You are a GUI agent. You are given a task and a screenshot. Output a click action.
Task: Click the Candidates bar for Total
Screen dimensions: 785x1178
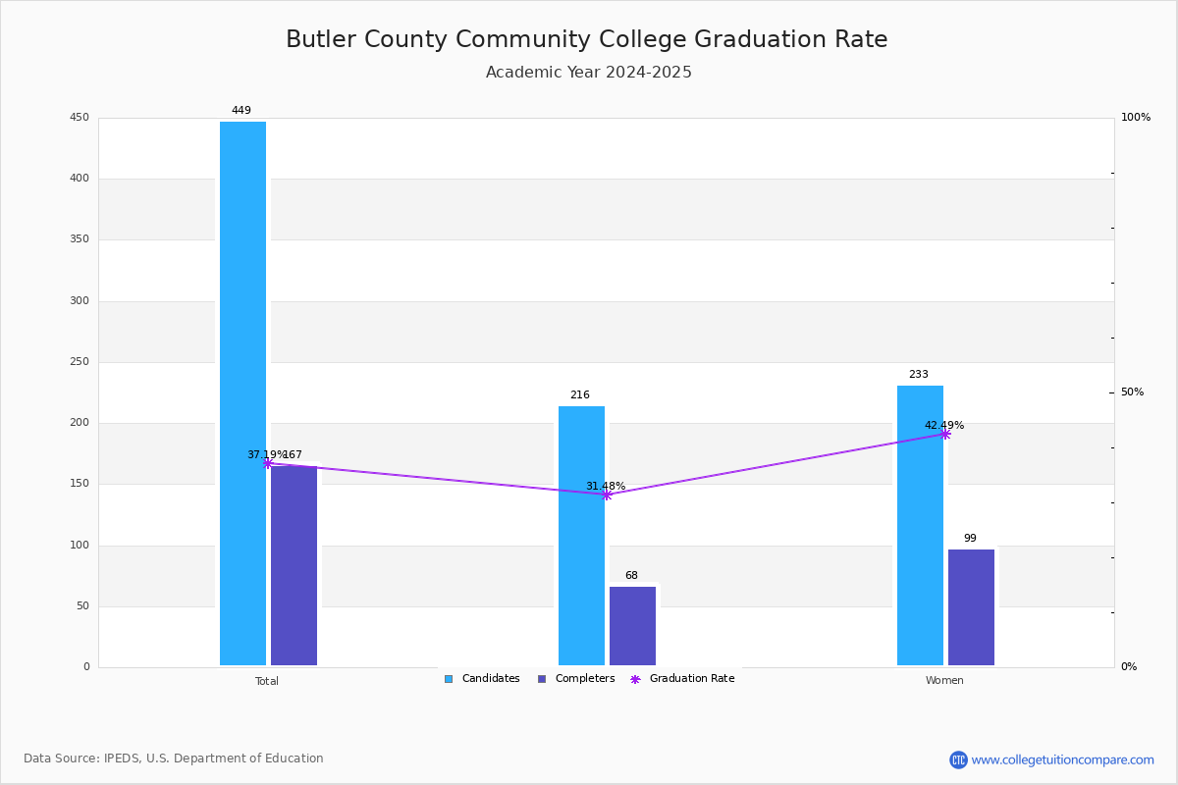(242, 392)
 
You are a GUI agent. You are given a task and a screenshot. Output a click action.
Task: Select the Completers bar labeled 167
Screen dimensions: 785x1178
(294, 565)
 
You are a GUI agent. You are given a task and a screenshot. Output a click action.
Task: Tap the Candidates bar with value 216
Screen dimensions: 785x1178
(581, 536)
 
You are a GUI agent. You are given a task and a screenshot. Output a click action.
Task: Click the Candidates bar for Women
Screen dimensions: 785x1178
(920, 525)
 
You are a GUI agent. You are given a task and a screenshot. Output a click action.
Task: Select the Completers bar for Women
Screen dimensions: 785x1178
(971, 607)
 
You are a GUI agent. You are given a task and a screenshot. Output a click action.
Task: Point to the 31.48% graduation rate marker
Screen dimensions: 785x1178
(606, 495)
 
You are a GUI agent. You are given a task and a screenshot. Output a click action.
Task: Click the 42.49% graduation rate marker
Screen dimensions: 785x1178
(944, 434)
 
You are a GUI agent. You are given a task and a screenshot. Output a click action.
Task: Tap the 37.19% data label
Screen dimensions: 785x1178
(265, 455)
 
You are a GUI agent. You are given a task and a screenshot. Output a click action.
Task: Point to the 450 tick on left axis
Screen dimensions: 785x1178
(79, 118)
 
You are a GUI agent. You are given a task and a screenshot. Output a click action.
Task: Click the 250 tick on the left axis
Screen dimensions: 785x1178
(79, 362)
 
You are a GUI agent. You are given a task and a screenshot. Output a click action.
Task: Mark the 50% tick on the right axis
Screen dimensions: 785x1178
(1132, 392)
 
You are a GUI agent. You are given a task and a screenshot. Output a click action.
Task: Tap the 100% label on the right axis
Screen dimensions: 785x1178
(1136, 118)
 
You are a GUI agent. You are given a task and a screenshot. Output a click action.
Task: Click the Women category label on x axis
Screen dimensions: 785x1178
(944, 681)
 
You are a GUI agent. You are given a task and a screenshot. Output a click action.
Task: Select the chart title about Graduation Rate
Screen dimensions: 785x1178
(587, 39)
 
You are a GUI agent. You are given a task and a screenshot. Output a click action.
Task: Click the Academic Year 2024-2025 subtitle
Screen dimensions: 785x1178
(589, 73)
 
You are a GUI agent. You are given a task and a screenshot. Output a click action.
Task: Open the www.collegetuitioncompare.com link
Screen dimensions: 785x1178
(1062, 759)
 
